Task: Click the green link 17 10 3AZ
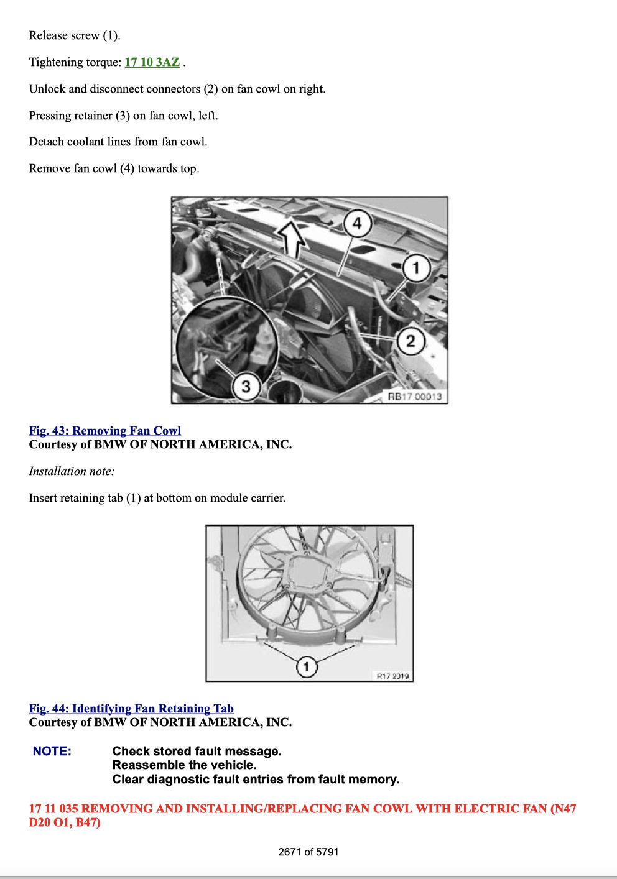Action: point(152,62)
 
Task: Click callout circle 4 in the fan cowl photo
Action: point(357,224)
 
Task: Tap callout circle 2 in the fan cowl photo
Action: point(411,341)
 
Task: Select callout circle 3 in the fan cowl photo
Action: point(246,386)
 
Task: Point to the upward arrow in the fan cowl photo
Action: point(292,240)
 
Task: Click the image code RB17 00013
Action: point(415,397)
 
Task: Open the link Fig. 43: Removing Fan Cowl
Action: point(105,430)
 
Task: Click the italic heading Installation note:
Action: point(72,471)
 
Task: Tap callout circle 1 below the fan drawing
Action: point(307,666)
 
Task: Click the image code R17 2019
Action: point(392,676)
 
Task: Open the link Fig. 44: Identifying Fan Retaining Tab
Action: point(131,708)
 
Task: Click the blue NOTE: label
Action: point(52,751)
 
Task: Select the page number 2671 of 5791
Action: point(308,852)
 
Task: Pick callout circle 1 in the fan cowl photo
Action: point(416,268)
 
